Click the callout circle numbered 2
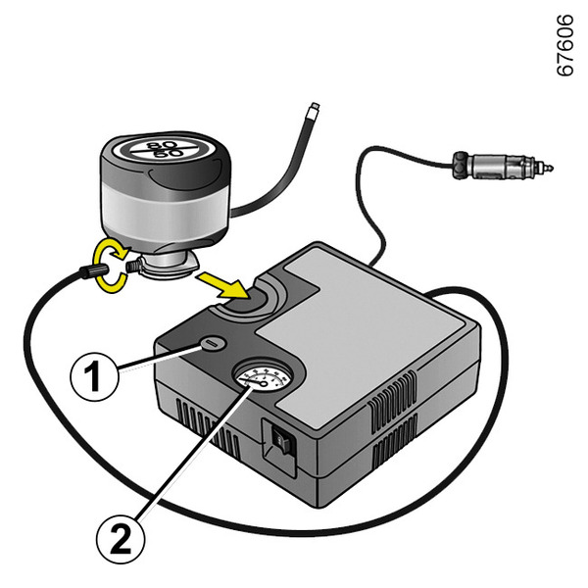click(x=122, y=536)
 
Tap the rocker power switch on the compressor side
click(x=282, y=442)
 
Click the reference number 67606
click(x=564, y=46)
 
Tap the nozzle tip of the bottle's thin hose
click(x=312, y=106)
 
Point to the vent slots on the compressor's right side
click(x=397, y=422)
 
